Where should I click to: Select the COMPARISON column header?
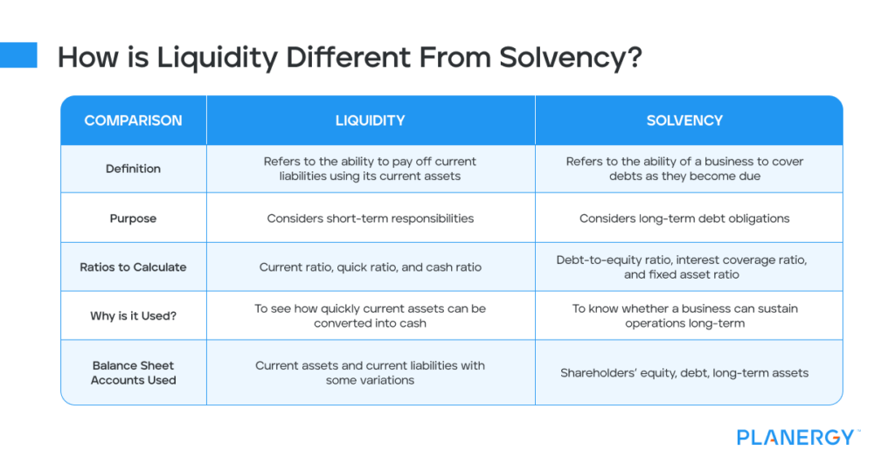(x=133, y=121)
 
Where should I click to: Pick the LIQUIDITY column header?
(x=370, y=121)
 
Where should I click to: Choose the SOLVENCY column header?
(x=684, y=121)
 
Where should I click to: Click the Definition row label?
(x=133, y=169)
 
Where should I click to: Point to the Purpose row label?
(x=133, y=218)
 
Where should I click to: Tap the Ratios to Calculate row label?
(x=133, y=267)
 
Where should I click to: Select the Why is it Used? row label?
(x=133, y=315)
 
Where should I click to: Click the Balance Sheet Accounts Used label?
(x=133, y=372)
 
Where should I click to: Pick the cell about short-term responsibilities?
(x=370, y=218)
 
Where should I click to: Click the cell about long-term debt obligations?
(x=684, y=218)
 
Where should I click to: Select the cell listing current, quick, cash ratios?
(x=370, y=267)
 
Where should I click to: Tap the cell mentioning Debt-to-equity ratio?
(x=684, y=267)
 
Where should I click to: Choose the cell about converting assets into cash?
(x=370, y=315)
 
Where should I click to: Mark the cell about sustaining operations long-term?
(x=684, y=315)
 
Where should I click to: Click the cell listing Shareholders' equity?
(x=684, y=373)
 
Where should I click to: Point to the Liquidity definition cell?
(x=370, y=169)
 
